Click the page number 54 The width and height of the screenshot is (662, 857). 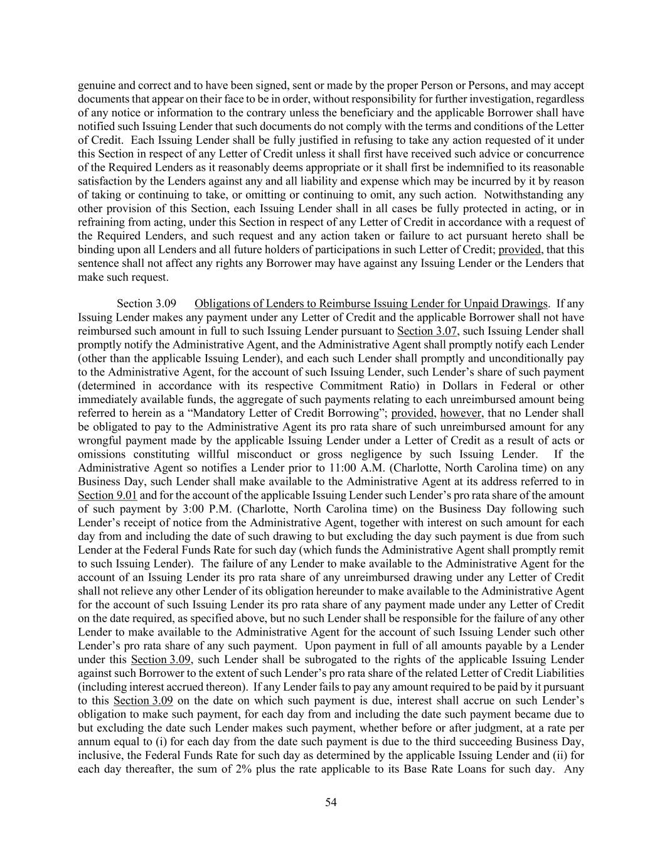(x=331, y=802)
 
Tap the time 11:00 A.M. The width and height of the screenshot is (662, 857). (x=288, y=468)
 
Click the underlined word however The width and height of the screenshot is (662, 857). (x=461, y=413)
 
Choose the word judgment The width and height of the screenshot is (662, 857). (x=461, y=728)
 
